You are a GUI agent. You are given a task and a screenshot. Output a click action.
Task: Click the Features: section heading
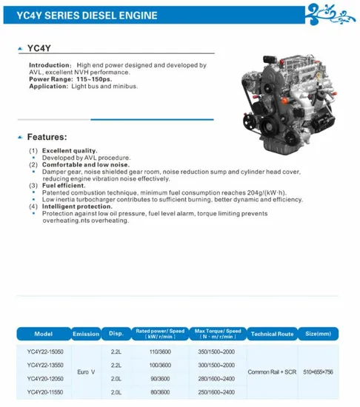(47, 137)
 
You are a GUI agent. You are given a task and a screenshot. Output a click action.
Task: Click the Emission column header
(86, 334)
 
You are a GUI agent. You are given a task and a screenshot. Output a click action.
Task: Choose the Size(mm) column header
(319, 334)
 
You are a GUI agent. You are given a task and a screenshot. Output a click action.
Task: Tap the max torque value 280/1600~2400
(218, 379)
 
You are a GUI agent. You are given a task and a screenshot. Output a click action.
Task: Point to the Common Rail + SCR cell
(272, 371)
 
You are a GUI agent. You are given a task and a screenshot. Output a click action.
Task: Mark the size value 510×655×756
(319, 371)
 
